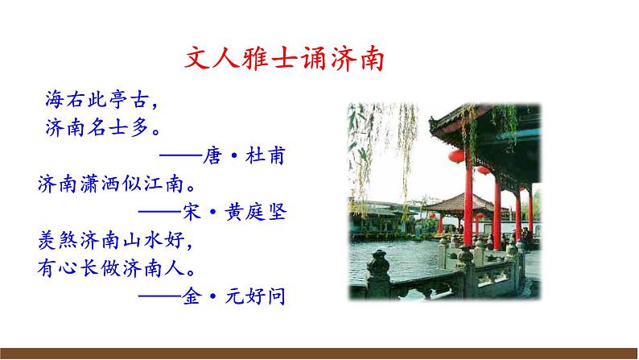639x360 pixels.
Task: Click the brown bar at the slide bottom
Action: [319, 353]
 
